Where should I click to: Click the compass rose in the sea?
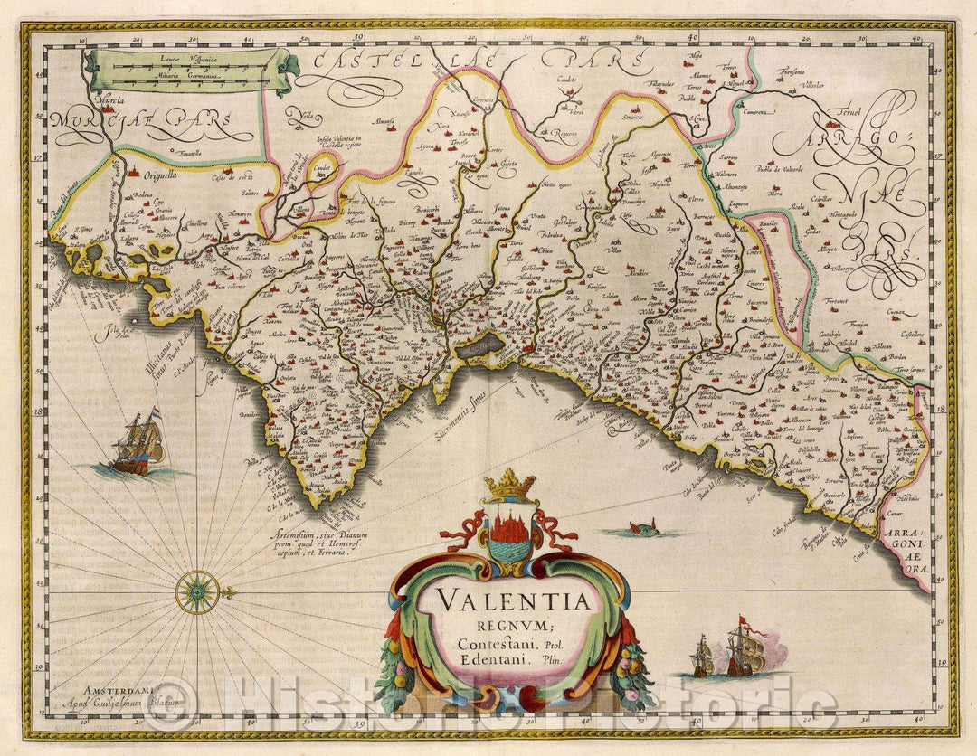pos(197,592)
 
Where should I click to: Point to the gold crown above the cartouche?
pos(510,487)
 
